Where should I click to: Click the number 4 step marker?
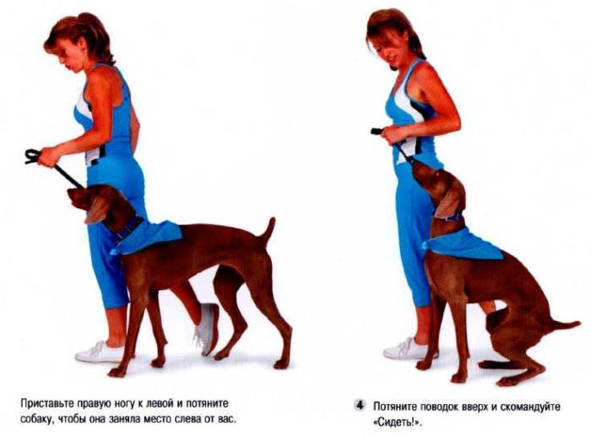[361, 406]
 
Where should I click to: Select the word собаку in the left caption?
[36, 419]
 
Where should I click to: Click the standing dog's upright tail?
[269, 232]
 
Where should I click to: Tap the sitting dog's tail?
[563, 325]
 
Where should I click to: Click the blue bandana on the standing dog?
[148, 236]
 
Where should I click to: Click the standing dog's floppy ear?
[96, 210]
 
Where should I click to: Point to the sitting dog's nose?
[414, 164]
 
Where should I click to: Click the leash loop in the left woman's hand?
[32, 156]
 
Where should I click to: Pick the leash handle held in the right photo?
[377, 131]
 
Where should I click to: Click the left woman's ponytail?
[95, 36]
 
